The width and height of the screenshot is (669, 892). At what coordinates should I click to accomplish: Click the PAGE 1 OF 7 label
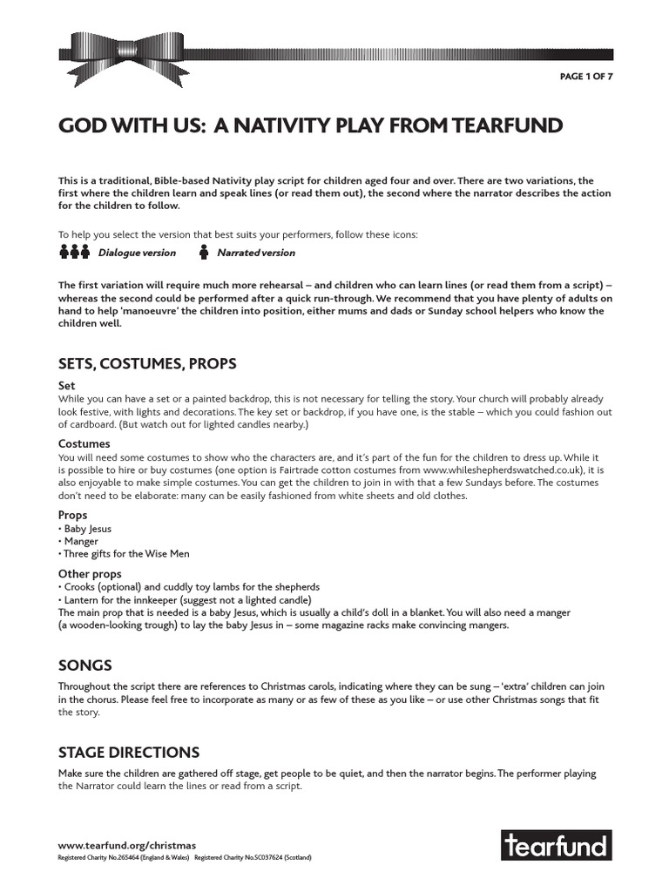coord(585,77)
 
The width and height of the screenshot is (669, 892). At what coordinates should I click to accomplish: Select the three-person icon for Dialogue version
coord(75,253)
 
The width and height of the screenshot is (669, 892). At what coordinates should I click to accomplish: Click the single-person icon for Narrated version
coord(204,253)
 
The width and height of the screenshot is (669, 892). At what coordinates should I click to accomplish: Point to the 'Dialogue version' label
coord(137,253)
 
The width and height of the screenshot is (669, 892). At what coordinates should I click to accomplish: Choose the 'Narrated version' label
coord(255,253)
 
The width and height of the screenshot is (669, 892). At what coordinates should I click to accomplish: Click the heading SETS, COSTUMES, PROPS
coord(147,363)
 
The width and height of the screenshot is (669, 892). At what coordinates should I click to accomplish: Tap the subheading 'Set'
coord(67,385)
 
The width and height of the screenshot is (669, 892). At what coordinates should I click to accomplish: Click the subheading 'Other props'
coord(90,574)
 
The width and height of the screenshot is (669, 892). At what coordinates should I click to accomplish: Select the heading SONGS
coord(84,666)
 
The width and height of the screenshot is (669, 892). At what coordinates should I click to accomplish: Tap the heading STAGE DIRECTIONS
coord(129,752)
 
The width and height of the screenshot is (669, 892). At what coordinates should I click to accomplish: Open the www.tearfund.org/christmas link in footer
coord(127,845)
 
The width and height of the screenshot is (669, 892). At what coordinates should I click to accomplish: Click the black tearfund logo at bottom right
coord(556,845)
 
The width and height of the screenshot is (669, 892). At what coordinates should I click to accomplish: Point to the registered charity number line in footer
coord(184,857)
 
